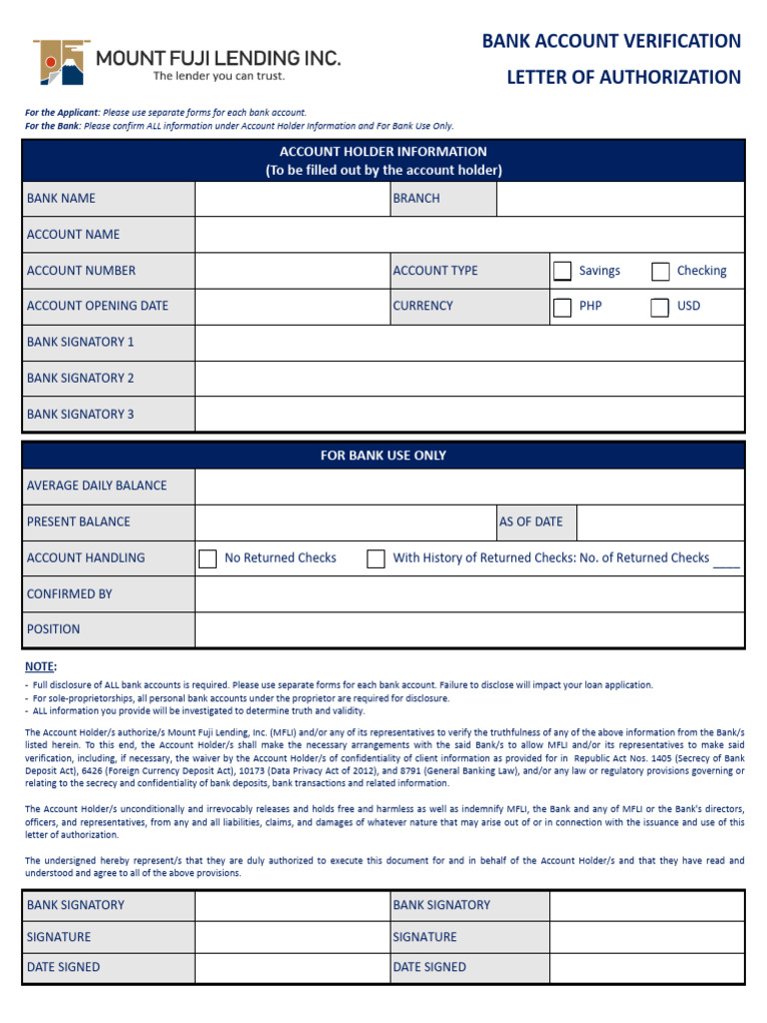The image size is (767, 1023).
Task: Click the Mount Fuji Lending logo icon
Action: (x=61, y=62)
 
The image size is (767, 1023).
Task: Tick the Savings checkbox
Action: (x=562, y=271)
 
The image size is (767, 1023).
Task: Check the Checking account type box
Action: (x=660, y=271)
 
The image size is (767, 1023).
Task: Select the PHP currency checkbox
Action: (x=562, y=307)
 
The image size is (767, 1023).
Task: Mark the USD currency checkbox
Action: (x=660, y=307)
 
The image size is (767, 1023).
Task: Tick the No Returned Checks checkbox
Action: (x=208, y=558)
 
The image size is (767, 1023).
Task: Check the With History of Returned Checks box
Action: (x=376, y=558)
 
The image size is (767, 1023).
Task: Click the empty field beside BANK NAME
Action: (x=292, y=199)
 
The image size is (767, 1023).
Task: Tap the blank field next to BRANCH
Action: (x=619, y=199)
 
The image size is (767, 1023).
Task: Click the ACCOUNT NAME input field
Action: (x=469, y=235)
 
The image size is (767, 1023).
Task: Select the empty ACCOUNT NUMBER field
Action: (x=292, y=271)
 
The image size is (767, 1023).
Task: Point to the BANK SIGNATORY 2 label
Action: (x=80, y=379)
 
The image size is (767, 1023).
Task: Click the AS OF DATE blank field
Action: (x=660, y=521)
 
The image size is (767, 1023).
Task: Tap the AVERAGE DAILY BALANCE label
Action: (x=97, y=486)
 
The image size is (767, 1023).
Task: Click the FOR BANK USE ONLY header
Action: (x=383, y=456)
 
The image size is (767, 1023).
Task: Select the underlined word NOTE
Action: (x=40, y=666)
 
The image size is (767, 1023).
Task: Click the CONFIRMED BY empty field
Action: (x=469, y=593)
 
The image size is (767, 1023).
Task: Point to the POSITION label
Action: (x=54, y=629)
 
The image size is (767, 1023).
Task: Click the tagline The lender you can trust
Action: (x=218, y=76)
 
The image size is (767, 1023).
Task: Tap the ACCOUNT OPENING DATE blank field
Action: (x=292, y=307)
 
